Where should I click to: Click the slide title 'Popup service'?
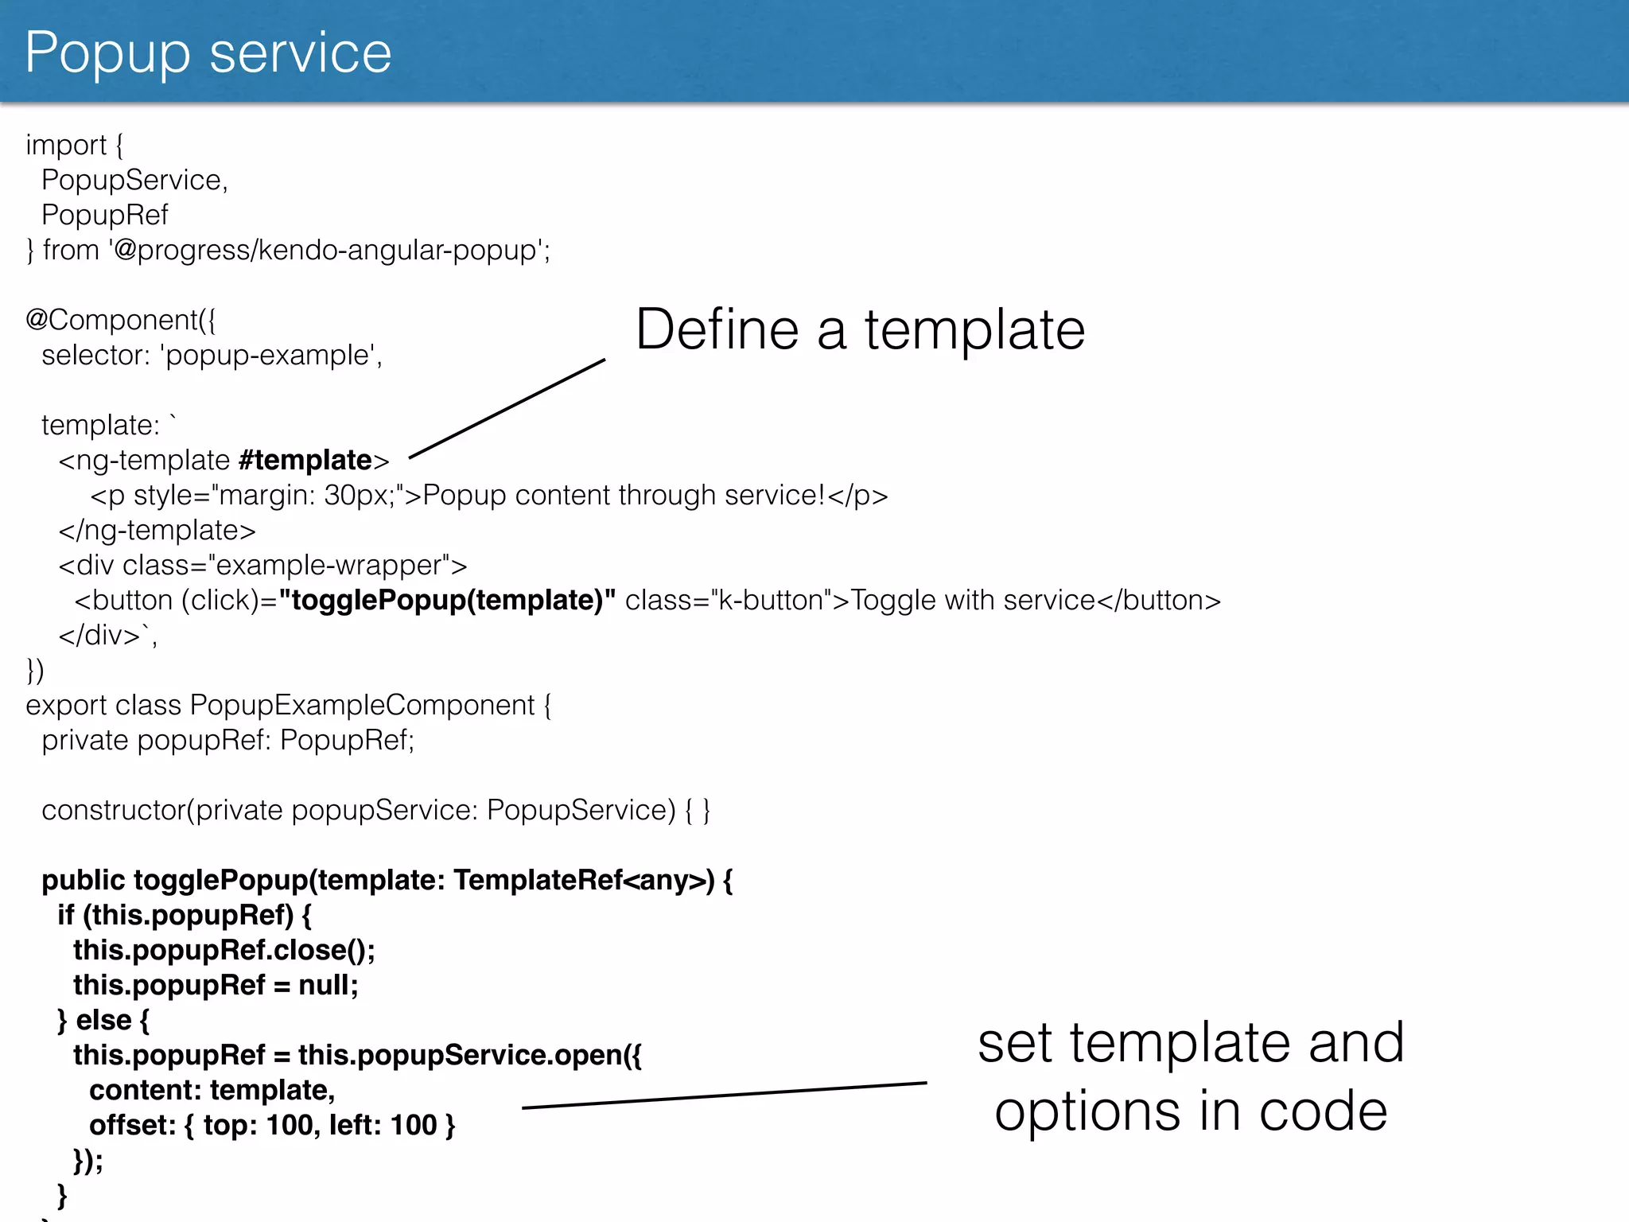click(208, 53)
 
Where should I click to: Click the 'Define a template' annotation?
click(860, 329)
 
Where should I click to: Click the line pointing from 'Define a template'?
click(507, 408)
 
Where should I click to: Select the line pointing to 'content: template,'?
click(724, 1095)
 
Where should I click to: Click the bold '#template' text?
click(305, 461)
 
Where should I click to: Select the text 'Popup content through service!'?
click(624, 496)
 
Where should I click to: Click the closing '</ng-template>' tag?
click(157, 531)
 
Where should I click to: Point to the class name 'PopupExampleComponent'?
click(362, 706)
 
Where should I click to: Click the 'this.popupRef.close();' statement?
click(224, 951)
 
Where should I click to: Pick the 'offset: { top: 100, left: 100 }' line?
click(272, 1126)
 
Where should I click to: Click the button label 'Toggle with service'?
click(973, 601)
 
